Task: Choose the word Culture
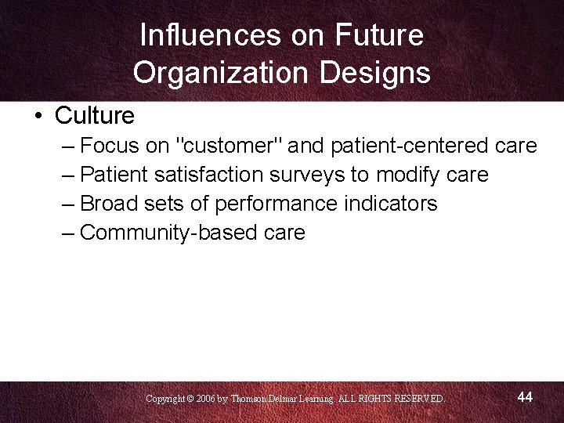tap(95, 116)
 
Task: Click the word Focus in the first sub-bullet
tap(110, 146)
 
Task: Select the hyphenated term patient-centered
tap(412, 146)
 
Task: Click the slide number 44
tap(525, 397)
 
